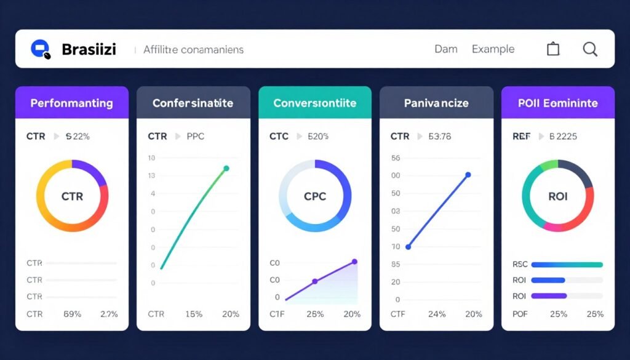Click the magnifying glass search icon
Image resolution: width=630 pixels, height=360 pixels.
click(x=590, y=49)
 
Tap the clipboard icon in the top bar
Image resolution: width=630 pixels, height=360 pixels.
click(x=553, y=49)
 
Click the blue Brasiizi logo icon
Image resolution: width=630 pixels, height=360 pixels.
click(x=40, y=49)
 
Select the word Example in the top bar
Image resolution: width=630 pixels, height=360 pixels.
click(x=493, y=49)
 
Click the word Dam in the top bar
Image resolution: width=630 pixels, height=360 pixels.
click(x=445, y=49)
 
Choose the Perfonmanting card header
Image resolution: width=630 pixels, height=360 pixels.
click(x=72, y=103)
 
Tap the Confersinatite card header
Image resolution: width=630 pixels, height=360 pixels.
click(x=193, y=103)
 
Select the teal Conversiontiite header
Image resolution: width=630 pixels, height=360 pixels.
click(x=315, y=103)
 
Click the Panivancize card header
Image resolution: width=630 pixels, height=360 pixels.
click(x=436, y=103)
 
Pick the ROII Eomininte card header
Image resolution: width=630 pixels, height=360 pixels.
click(x=558, y=103)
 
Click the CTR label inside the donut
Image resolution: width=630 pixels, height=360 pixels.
click(x=72, y=196)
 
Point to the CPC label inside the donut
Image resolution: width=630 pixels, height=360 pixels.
click(x=315, y=196)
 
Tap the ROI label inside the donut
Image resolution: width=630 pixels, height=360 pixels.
click(x=557, y=196)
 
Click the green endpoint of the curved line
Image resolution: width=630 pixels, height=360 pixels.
click(x=226, y=168)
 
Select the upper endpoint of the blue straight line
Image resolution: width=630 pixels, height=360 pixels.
click(x=468, y=175)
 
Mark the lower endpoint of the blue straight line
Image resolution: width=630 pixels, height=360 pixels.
click(x=408, y=247)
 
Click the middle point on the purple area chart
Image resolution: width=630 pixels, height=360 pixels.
click(x=315, y=281)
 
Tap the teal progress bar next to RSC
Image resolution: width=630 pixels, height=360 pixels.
click(x=566, y=265)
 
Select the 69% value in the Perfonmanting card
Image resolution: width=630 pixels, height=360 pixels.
click(x=73, y=314)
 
